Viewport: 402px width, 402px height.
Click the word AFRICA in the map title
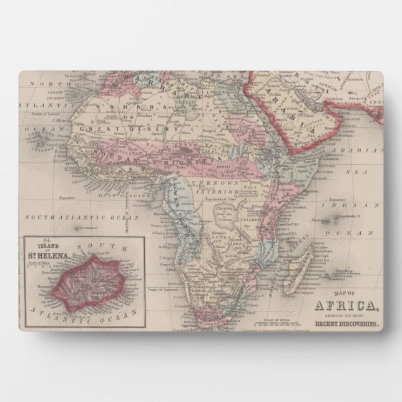point(345,306)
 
